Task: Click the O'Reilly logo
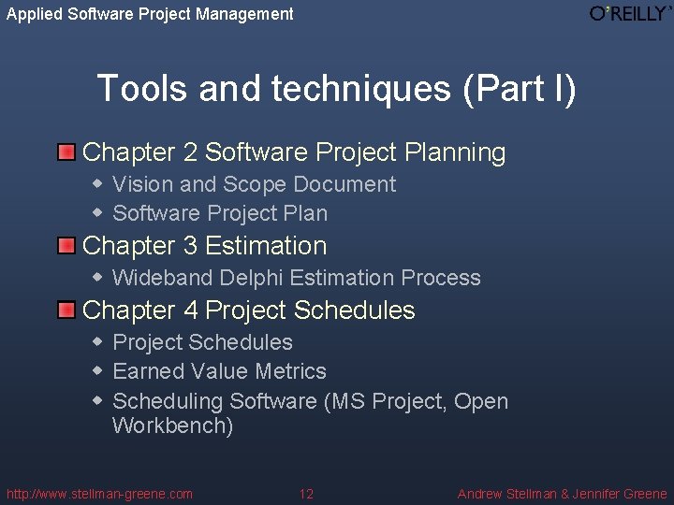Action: click(630, 13)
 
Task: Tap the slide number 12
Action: click(306, 494)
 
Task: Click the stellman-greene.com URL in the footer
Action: click(99, 494)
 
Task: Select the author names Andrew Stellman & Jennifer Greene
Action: click(562, 494)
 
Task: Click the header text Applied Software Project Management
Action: click(150, 14)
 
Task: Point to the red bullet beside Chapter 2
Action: click(66, 152)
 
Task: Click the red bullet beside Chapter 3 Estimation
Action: click(66, 246)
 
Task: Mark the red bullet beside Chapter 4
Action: click(66, 310)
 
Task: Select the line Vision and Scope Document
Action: click(254, 184)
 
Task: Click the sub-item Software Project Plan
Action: click(220, 213)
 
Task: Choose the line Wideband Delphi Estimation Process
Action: click(296, 278)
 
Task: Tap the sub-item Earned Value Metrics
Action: click(219, 371)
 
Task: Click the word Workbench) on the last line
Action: click(172, 426)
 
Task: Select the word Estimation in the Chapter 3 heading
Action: click(266, 246)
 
